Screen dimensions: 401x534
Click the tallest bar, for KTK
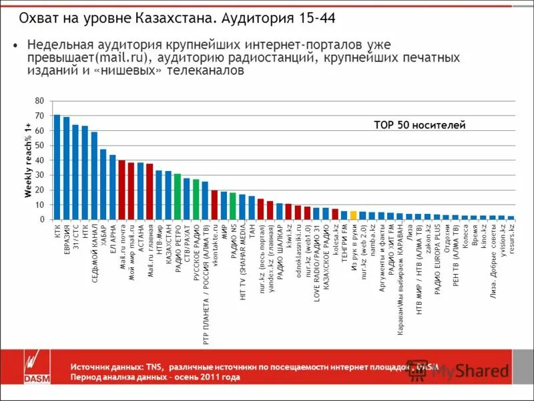point(57,167)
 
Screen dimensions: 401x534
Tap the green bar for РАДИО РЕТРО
point(178,196)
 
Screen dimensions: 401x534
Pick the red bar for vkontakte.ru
point(214,205)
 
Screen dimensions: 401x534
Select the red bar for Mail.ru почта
point(122,190)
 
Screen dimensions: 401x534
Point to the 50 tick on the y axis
point(39,146)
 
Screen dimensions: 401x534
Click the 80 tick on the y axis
point(39,101)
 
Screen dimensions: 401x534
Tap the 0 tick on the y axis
point(41,219)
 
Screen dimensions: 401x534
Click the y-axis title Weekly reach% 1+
point(28,160)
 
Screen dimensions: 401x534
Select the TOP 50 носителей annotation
point(419,125)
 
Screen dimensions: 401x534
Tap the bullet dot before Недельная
point(15,45)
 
